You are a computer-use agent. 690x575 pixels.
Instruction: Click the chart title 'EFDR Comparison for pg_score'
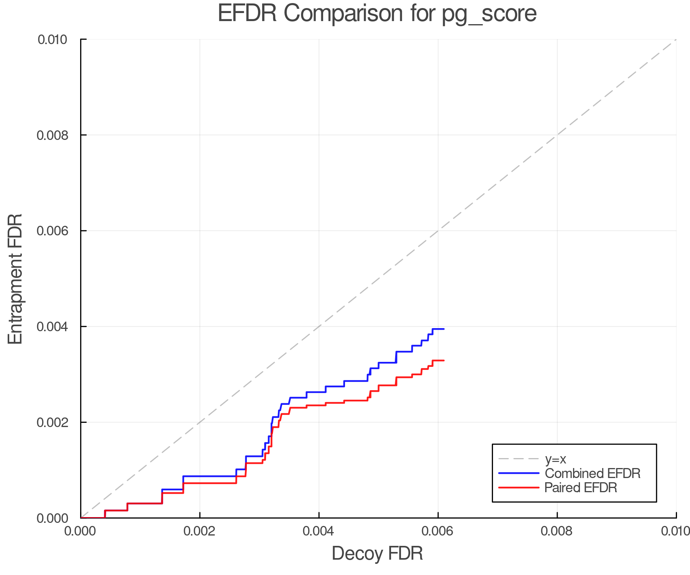click(377, 14)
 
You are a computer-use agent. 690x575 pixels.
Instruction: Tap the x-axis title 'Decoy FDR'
click(377, 554)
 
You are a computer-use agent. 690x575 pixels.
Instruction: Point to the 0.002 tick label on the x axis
click(200, 531)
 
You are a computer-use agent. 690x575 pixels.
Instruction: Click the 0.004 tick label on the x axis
click(319, 531)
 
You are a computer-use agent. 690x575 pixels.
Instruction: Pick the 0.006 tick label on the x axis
click(438, 531)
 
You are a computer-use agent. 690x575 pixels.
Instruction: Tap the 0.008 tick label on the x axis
click(557, 531)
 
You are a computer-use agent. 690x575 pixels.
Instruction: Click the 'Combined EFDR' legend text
click(593, 473)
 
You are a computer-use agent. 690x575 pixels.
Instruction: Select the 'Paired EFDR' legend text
click(581, 488)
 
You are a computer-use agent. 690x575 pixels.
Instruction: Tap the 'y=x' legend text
click(555, 459)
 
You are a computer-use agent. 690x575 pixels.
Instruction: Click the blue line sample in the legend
click(519, 473)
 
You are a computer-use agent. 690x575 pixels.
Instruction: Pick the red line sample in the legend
click(519, 488)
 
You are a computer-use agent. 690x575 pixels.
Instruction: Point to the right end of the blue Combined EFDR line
click(444, 329)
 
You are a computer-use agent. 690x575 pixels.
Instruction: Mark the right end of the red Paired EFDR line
click(444, 360)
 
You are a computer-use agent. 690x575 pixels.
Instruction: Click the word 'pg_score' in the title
click(489, 14)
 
